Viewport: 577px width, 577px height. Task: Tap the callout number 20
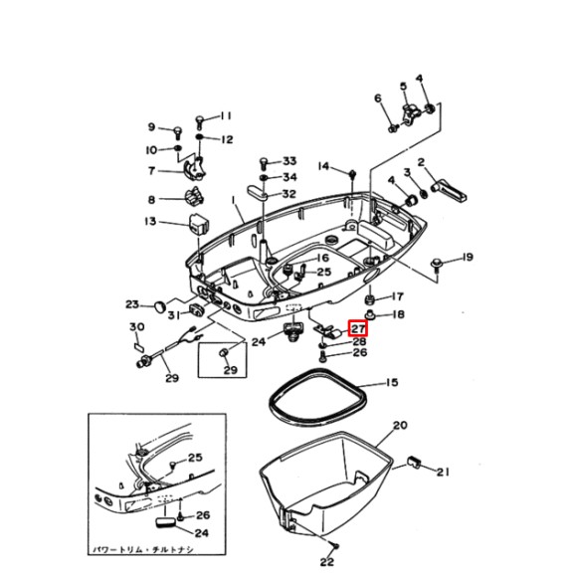point(400,425)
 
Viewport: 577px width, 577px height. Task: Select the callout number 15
point(391,383)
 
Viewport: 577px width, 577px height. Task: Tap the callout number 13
point(150,221)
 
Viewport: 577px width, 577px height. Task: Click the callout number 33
point(289,161)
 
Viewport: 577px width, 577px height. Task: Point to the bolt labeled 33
point(264,162)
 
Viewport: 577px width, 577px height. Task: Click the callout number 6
point(378,97)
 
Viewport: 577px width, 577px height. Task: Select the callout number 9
point(152,126)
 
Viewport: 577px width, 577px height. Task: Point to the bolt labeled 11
point(200,120)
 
